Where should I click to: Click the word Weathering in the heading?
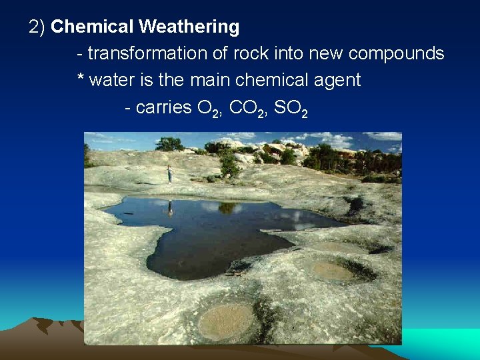189,27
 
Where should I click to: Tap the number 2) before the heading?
37,27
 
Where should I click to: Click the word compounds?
396,53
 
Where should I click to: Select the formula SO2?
291,109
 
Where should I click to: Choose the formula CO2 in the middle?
246,109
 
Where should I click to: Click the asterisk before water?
81,79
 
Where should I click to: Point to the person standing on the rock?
170,173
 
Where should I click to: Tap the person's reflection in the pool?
170,209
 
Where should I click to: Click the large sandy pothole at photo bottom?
226,321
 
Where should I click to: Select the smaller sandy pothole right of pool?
332,271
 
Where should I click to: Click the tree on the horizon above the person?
169,143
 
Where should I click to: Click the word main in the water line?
212,81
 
